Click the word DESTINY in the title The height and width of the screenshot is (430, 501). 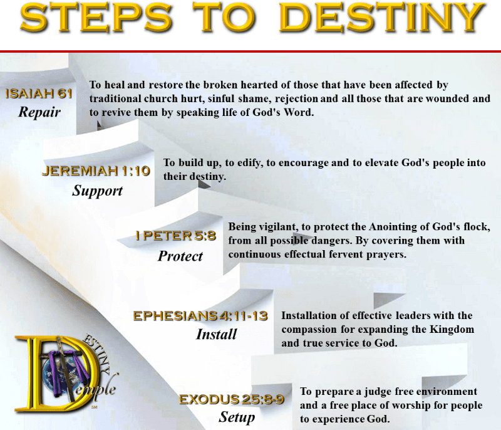pos(382,17)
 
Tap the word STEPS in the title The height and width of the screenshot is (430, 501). pos(96,17)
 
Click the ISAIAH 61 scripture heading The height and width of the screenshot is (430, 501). pos(39,93)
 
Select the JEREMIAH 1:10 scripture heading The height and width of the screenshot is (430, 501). pos(96,170)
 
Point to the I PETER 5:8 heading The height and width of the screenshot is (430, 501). pos(175,236)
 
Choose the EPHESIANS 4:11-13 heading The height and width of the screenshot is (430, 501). pos(200,316)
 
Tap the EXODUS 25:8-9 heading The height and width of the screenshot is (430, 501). pos(231,399)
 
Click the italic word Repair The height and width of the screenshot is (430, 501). pos(39,112)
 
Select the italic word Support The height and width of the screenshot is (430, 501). pos(97,191)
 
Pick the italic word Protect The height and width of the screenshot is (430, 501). pos(180,256)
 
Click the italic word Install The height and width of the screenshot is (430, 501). pos(216,334)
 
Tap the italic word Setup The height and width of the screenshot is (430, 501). pos(237,417)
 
